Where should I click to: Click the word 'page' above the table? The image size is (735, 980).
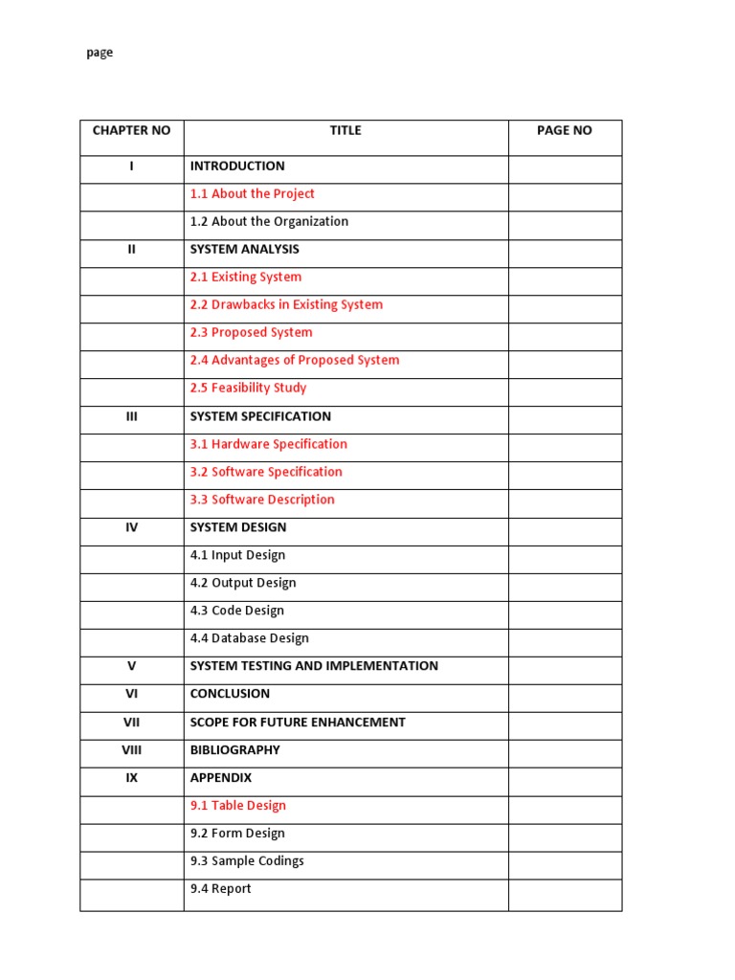point(100,54)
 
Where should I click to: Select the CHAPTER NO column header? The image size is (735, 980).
point(131,131)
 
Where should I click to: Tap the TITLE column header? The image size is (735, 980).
point(345,131)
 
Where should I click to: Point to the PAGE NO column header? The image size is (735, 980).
point(565,131)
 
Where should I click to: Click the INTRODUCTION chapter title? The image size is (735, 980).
point(237,167)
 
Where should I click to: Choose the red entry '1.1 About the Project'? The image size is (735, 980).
point(253,194)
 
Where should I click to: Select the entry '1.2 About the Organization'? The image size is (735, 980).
point(269,222)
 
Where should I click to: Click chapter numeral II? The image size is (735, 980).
point(132,250)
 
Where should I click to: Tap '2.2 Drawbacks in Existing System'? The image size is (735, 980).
point(286,305)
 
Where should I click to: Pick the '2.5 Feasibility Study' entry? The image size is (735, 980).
point(248,389)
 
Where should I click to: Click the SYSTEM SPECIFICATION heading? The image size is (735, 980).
point(260,417)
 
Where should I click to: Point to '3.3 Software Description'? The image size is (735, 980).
point(262,501)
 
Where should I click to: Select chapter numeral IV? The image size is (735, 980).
point(132,528)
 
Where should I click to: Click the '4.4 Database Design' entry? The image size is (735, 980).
point(249,639)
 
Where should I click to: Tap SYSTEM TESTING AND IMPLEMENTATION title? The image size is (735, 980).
point(314,667)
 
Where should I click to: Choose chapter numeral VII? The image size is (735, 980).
point(132,723)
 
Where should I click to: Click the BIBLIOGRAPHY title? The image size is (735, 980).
point(234,750)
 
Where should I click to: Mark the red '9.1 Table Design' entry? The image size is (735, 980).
point(238,806)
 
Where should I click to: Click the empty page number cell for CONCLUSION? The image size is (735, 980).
point(565,695)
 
